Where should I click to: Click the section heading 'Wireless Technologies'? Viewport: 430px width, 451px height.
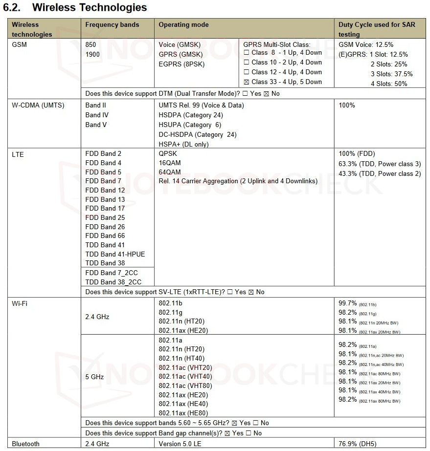click(90, 7)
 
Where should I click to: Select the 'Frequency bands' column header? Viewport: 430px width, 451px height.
click(112, 25)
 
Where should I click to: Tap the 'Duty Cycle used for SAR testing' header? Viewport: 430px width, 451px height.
click(376, 29)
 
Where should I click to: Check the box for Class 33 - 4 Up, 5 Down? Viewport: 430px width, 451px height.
click(247, 82)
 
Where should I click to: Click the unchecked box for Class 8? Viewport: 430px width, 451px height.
click(247, 52)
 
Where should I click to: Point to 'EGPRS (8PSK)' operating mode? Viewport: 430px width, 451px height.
click(181, 64)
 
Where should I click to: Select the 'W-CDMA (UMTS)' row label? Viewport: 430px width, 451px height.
click(38, 105)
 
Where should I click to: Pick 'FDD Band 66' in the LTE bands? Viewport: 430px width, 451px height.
click(105, 236)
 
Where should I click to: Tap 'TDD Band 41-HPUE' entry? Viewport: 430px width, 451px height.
click(115, 254)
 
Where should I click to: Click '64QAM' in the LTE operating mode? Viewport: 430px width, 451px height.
click(170, 172)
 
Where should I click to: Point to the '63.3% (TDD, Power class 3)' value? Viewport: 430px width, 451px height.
click(379, 164)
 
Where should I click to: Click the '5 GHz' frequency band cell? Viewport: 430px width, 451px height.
click(94, 377)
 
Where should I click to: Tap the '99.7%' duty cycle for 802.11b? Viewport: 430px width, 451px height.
click(347, 303)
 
